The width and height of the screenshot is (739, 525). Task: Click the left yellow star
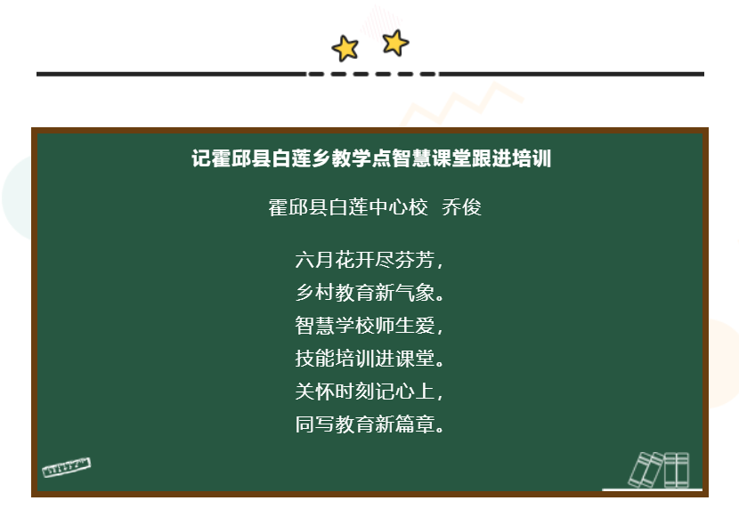point(345,48)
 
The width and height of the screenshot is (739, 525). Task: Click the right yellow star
point(395,43)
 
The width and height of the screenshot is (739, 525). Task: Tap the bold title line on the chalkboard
point(371,158)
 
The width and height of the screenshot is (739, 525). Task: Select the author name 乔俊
point(461,207)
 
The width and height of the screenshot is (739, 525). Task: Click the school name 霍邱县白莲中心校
point(348,207)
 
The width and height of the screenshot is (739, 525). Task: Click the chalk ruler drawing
point(67,467)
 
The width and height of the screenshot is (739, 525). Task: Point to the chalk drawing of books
point(660,470)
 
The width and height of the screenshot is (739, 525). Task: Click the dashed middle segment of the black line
point(372,74)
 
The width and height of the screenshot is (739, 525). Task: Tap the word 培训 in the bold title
point(532,158)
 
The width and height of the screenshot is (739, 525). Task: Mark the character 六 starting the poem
point(305,260)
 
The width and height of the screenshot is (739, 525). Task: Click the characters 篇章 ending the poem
point(416,424)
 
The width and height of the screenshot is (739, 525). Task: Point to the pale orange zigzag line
point(462,104)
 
